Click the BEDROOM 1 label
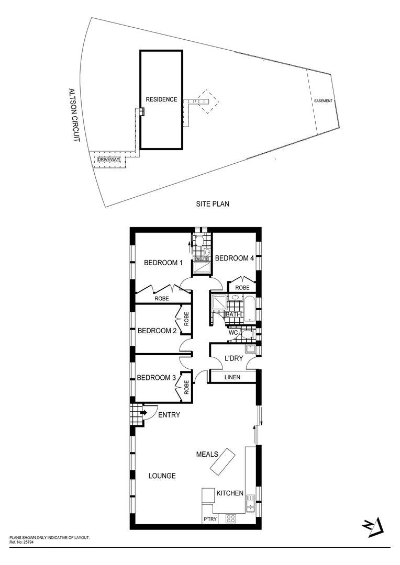tap(163, 263)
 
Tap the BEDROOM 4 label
tap(235, 258)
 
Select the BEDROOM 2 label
tap(156, 331)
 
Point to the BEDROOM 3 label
tap(156, 378)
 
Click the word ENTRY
tap(169, 415)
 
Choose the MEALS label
tap(207, 454)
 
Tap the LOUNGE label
tap(162, 476)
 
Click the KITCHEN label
tap(229, 493)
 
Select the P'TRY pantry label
tap(209, 519)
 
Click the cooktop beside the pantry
tap(231, 518)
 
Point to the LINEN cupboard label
tap(232, 377)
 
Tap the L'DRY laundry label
tap(233, 358)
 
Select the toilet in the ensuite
tap(198, 241)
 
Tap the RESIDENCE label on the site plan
tap(161, 99)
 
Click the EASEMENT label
tap(323, 100)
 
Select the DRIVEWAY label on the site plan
tap(109, 159)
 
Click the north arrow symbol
tap(375, 528)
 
